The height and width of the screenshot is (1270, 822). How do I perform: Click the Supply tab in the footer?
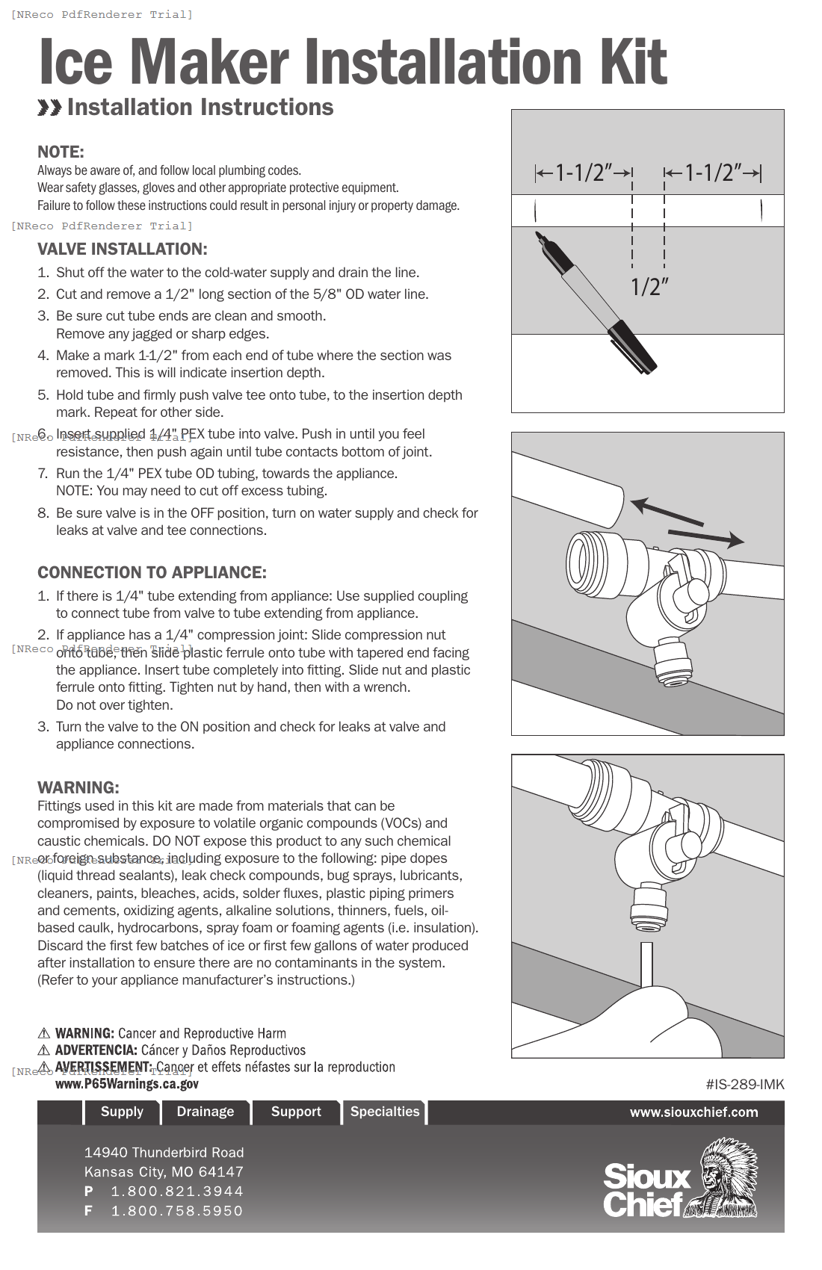(122, 1112)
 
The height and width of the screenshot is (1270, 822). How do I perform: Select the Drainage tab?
(205, 1112)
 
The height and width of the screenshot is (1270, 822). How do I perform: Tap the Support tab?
(296, 1112)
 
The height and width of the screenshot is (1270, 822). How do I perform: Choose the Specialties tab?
(385, 1112)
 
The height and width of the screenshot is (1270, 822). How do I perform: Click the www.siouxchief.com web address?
(693, 1112)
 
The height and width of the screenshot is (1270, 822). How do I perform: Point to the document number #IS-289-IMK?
(744, 1084)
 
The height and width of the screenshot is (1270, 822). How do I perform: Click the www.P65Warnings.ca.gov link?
(127, 1084)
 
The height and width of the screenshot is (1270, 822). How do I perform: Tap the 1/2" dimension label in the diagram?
(649, 286)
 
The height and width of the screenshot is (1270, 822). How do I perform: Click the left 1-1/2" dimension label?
(584, 173)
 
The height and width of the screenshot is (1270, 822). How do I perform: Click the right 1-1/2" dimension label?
(713, 173)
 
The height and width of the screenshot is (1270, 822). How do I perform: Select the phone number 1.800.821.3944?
(177, 1192)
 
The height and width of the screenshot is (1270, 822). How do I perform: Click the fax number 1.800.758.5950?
(177, 1211)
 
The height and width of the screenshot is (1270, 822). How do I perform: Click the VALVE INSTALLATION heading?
(123, 250)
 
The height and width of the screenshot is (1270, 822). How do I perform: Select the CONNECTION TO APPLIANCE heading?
(152, 573)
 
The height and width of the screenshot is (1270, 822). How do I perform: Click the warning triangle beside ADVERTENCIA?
(44, 1050)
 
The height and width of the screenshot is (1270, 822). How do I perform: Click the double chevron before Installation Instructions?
(49, 108)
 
